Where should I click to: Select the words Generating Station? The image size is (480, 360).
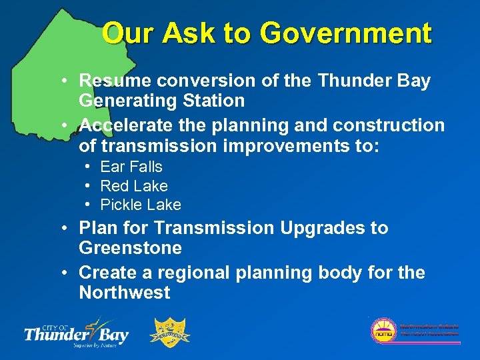(x=161, y=101)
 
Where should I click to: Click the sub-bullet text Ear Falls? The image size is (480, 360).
(x=131, y=167)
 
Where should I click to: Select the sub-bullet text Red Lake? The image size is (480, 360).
(x=134, y=186)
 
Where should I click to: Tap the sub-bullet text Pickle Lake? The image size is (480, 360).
(x=141, y=205)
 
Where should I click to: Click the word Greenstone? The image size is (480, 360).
(x=130, y=248)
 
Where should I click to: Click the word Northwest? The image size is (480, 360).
(x=125, y=293)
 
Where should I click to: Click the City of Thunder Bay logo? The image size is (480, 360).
(x=76, y=331)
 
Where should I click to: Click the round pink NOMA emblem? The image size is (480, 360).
(x=383, y=330)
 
